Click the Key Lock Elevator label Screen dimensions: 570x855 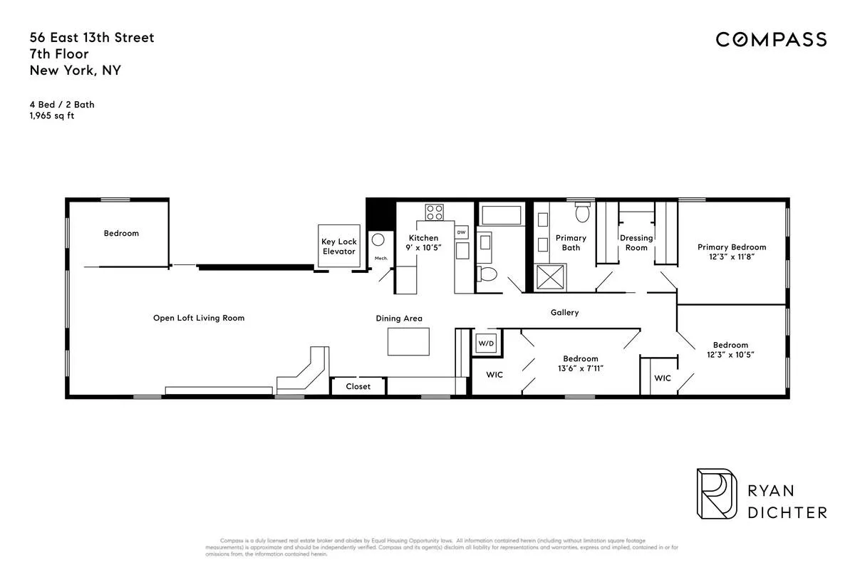point(338,247)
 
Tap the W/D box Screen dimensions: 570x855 point(486,343)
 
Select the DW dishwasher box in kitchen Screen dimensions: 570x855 point(462,232)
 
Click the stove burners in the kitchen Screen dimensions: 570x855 point(434,212)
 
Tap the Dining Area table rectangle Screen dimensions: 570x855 point(408,341)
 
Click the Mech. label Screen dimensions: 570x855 point(381,258)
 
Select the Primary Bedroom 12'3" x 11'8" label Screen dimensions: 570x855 point(732,253)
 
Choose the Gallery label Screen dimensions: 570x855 point(564,313)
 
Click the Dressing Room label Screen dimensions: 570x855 point(636,243)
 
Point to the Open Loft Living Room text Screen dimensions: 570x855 point(199,318)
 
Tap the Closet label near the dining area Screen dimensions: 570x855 point(358,387)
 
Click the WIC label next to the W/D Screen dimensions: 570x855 point(494,375)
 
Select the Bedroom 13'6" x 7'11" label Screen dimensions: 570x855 point(581,363)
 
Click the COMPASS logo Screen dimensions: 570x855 point(771,40)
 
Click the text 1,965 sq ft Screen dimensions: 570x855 point(52,115)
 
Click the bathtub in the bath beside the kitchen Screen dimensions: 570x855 point(502,214)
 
